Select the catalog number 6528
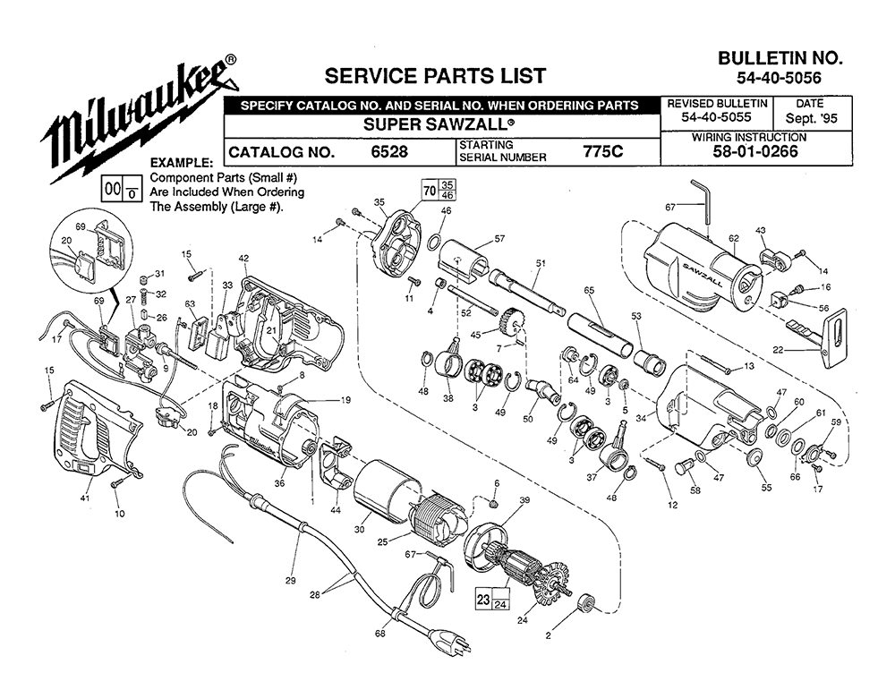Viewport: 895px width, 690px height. pos(389,152)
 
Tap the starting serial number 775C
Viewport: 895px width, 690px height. pos(602,151)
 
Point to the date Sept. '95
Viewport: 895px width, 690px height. pos(811,118)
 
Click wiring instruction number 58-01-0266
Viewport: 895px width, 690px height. pos(755,151)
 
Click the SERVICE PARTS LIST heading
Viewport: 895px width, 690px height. pos(435,75)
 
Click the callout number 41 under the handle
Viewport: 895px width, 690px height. pos(85,497)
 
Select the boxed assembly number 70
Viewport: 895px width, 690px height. pos(430,190)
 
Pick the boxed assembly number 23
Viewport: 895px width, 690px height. pos(483,600)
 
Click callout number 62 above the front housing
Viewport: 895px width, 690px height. pos(734,238)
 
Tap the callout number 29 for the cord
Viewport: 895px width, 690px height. pos(291,581)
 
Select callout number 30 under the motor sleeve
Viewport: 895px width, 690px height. pos(359,529)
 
